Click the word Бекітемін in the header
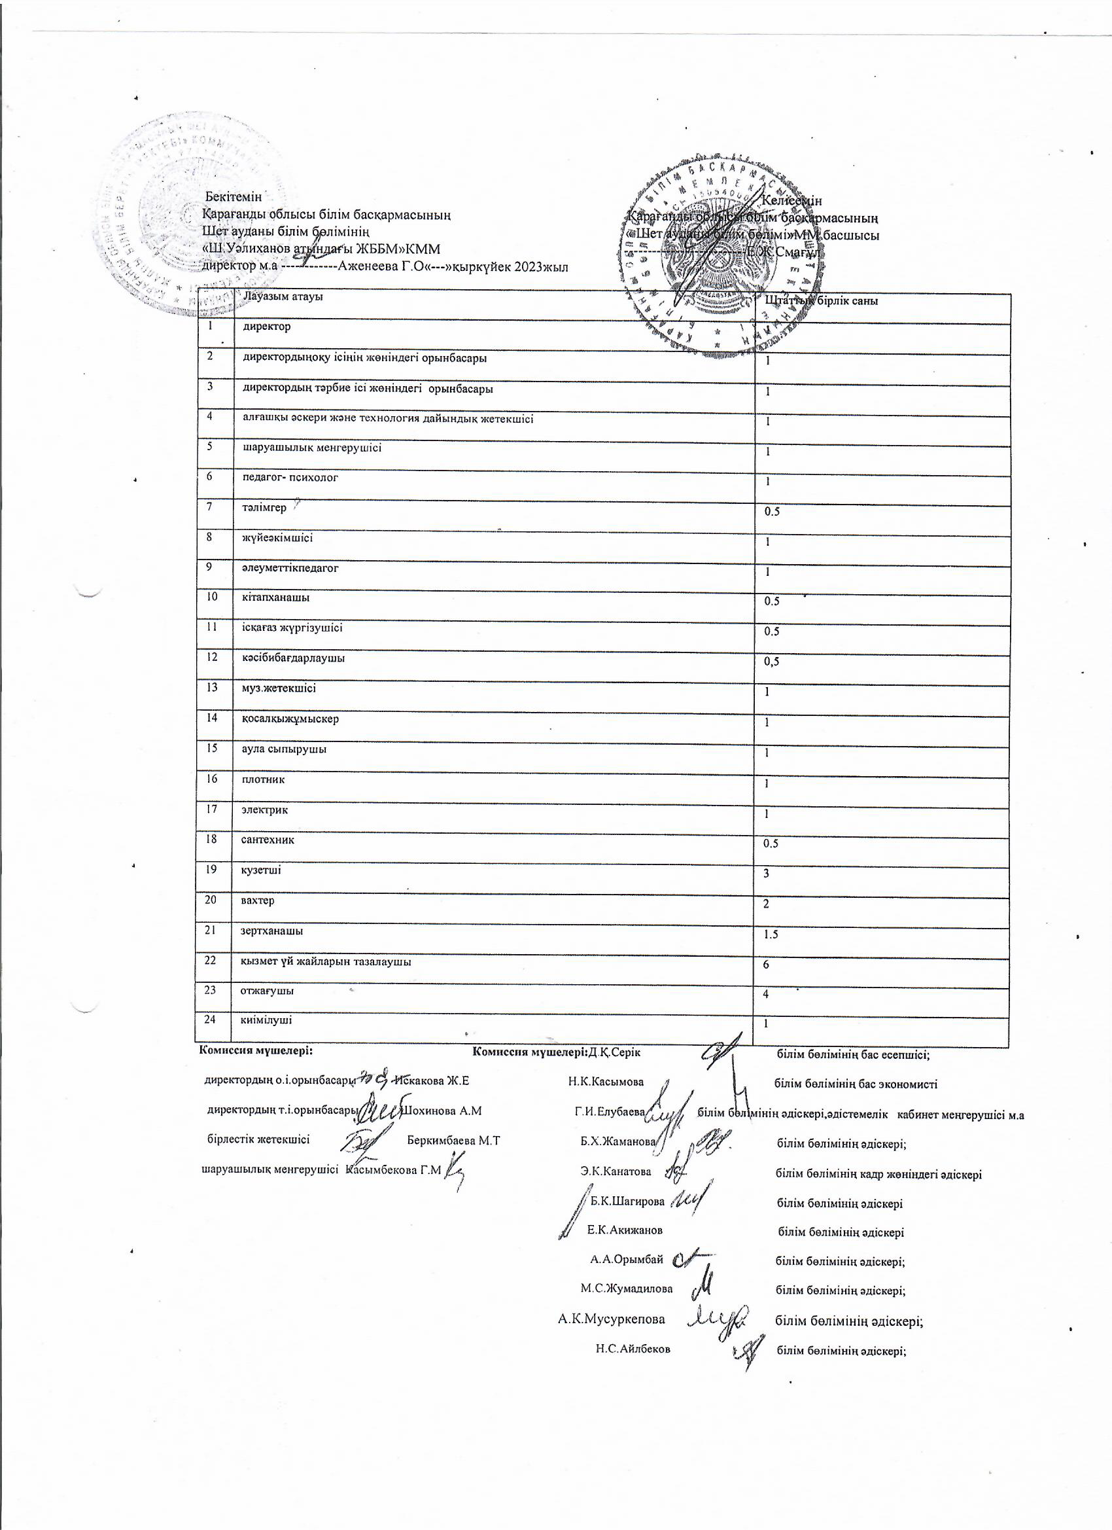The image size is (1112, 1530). coord(234,197)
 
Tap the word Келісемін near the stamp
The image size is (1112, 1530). coord(791,200)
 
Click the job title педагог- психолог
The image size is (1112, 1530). coord(290,478)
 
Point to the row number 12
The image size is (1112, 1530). coord(212,656)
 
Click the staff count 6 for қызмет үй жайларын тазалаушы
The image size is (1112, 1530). coord(766,965)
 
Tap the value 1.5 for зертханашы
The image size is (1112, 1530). coord(771,935)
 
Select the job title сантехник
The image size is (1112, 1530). coord(268,840)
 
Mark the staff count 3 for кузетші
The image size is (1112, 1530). coord(766,874)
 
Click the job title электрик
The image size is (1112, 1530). coord(264,810)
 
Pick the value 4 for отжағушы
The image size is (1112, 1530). coord(766,995)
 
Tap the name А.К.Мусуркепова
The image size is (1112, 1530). coord(611,1319)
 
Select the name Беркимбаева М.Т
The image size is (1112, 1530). coord(454,1141)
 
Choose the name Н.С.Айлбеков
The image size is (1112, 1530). coord(633,1349)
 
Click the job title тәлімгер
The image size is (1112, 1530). coord(264,508)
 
